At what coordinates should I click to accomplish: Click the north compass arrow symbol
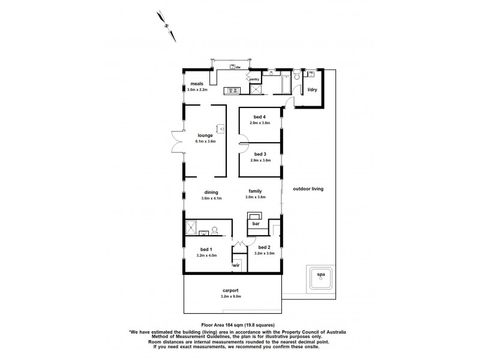[166, 25]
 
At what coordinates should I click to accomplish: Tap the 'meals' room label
[197, 84]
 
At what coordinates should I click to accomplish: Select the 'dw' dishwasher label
[238, 67]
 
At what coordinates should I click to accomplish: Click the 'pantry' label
[254, 79]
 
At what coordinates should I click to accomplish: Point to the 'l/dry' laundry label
[312, 90]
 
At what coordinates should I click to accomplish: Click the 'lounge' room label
[205, 136]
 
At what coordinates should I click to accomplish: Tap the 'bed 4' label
[260, 117]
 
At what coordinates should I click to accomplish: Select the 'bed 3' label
[260, 155]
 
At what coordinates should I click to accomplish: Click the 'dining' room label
[211, 193]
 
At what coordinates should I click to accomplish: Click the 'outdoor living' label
[308, 188]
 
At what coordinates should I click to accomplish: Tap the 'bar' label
[255, 223]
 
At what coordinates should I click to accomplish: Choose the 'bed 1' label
[205, 249]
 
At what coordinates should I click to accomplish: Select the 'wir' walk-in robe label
[237, 264]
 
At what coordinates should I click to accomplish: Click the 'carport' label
[230, 290]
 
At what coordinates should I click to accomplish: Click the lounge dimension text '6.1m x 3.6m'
[205, 142]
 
